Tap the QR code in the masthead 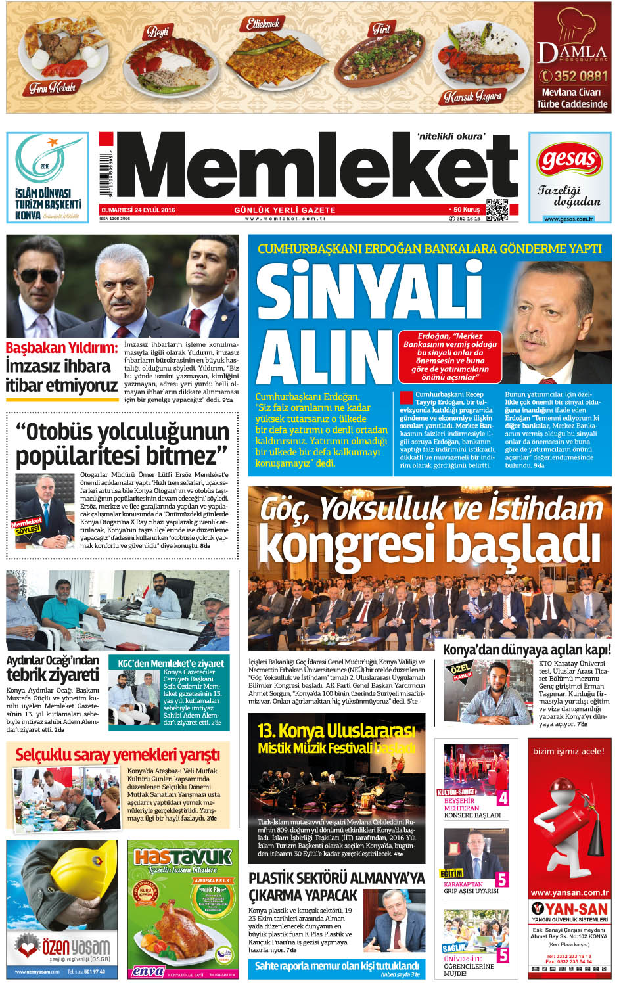click(497, 210)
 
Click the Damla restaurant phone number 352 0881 click(573, 76)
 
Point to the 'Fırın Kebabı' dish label click(52, 87)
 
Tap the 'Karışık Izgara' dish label click(472, 97)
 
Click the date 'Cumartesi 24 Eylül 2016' click(138, 210)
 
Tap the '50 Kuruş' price click(466, 210)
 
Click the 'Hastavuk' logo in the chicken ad click(183, 857)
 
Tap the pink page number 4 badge click(503, 798)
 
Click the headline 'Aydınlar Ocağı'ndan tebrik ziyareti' click(53, 668)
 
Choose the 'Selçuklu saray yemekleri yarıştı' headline click(118, 755)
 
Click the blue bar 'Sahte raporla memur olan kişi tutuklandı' click(336, 965)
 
